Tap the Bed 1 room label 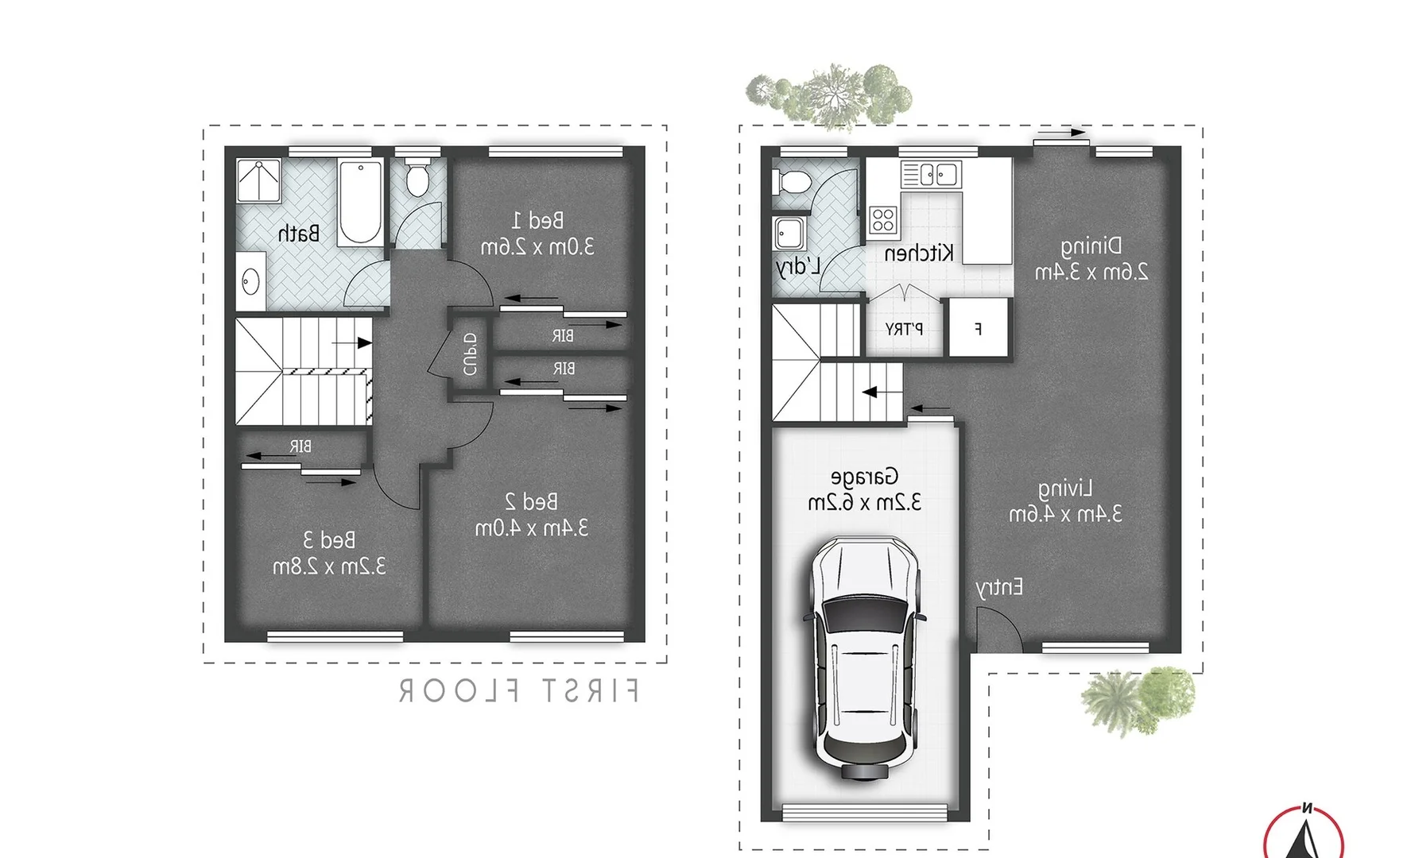(x=537, y=219)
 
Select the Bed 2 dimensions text (x=532, y=528)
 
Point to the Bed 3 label (x=329, y=540)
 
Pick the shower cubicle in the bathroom (x=259, y=180)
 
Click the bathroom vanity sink (x=251, y=280)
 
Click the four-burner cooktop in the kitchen (x=882, y=219)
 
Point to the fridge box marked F (x=978, y=327)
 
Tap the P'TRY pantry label (x=904, y=329)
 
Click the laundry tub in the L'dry (x=789, y=233)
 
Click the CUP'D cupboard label (x=470, y=354)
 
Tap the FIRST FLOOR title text (x=518, y=690)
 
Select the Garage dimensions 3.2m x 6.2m (x=865, y=503)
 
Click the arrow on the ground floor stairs (x=874, y=392)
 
